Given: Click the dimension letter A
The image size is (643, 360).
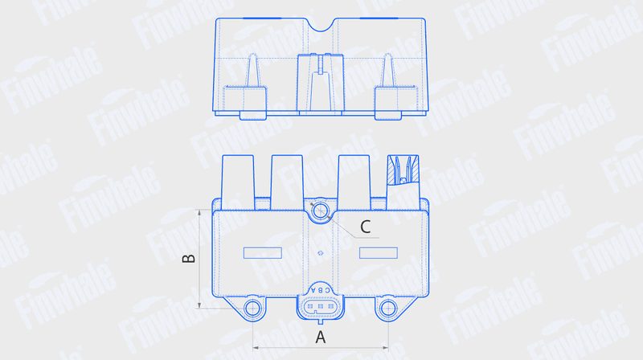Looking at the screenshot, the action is pos(320,337).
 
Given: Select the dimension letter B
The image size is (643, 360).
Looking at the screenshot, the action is pos(189,258).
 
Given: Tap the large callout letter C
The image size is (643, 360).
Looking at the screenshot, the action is pos(366,227).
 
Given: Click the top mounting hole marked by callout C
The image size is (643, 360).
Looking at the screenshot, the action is pos(320,211).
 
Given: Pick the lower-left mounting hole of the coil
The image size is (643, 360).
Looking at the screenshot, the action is pos(252,309).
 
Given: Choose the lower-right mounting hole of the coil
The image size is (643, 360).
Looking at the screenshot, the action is pos(388,309).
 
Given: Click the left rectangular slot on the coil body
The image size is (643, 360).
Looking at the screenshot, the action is pos(263,252).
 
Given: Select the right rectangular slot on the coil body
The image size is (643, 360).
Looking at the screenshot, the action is pos(379,252).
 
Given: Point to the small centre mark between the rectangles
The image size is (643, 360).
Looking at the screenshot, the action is pos(320,253).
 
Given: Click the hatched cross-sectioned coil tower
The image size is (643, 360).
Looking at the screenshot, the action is pos(403,170).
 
